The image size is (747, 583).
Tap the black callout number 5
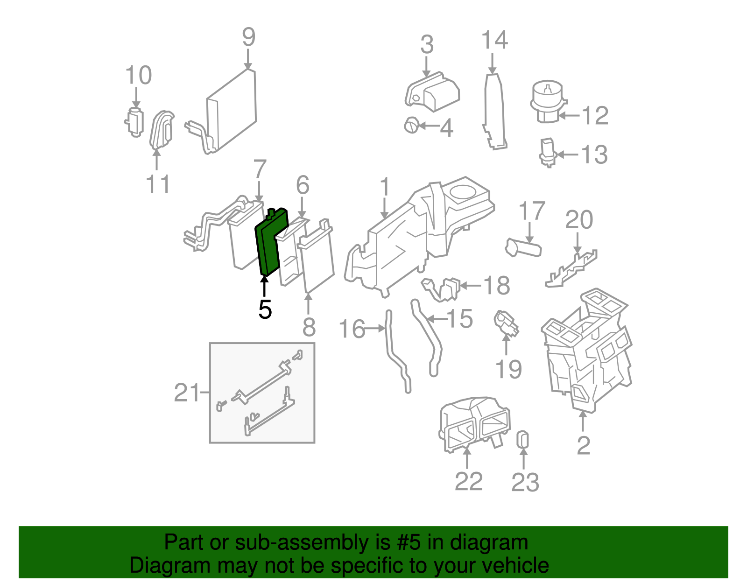[x=265, y=309]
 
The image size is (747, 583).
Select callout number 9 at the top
[x=248, y=37]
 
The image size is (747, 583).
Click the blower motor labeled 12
[x=547, y=100]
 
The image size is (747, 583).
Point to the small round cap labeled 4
[x=411, y=125]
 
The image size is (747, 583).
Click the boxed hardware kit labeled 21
[x=262, y=393]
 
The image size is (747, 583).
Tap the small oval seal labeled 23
[x=523, y=440]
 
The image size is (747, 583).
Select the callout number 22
[x=468, y=481]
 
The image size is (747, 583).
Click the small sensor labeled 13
[x=547, y=151]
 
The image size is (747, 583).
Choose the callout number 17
[x=532, y=211]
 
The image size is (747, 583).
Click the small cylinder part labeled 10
[x=135, y=121]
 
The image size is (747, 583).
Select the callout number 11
[x=158, y=184]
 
